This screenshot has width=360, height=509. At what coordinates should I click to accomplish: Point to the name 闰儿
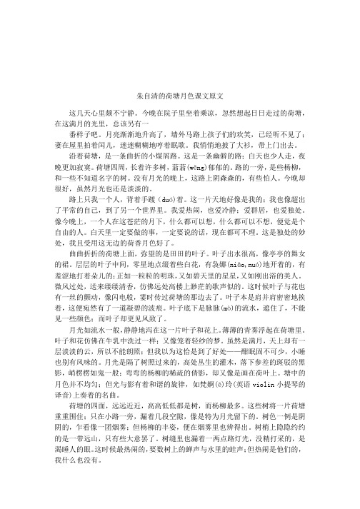tap(96, 142)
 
